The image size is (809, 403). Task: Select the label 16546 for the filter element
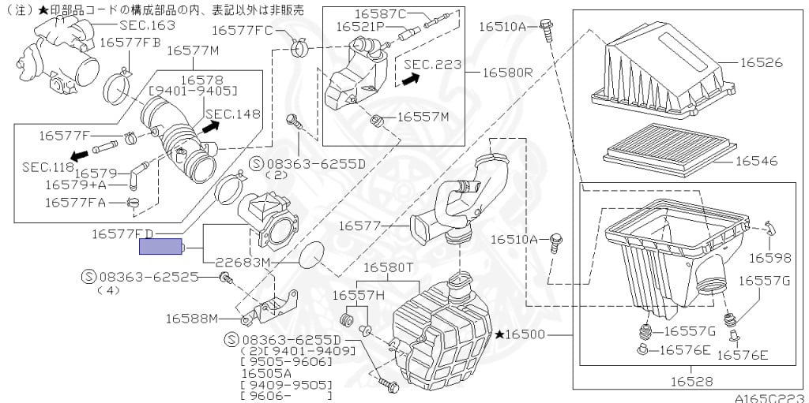(x=756, y=161)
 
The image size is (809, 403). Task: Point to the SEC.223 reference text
(x=433, y=64)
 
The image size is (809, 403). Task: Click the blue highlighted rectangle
(x=161, y=247)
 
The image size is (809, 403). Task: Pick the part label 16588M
(x=191, y=318)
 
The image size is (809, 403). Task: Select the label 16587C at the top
(x=380, y=13)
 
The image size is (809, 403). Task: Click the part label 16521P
(x=359, y=26)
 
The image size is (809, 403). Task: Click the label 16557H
(x=358, y=295)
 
